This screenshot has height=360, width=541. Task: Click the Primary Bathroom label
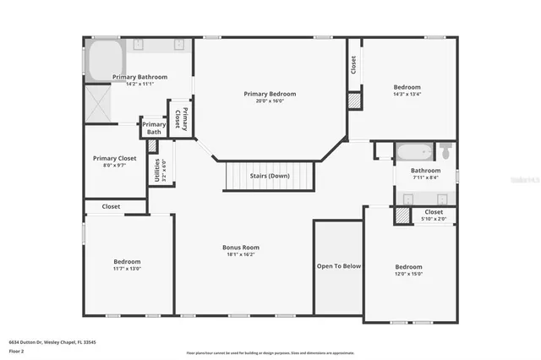(139, 77)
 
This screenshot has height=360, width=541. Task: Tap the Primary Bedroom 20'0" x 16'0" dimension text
(270, 101)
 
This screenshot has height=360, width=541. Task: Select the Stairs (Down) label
(270, 176)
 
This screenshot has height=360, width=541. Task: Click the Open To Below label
(339, 265)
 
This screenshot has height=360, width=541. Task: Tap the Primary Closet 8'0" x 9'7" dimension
(115, 166)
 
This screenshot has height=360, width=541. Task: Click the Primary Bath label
(154, 128)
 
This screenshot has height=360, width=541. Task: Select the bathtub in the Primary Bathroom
(106, 60)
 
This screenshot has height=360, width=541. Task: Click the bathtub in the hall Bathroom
(413, 153)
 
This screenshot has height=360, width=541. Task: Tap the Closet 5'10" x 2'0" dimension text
(434, 220)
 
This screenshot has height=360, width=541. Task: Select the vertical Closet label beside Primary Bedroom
(352, 63)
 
